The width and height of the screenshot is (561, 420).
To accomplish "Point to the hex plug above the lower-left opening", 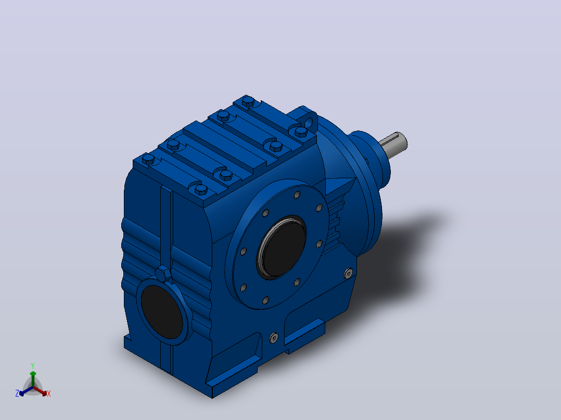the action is click(x=164, y=274).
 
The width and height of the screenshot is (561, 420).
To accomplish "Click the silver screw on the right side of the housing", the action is click(x=349, y=273).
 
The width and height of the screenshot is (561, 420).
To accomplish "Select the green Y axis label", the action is click(x=33, y=365).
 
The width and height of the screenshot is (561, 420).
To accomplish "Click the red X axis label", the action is click(x=49, y=393).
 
